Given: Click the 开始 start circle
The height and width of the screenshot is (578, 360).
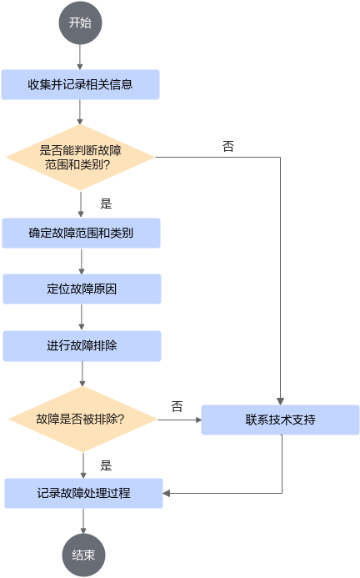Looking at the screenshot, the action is click(80, 23).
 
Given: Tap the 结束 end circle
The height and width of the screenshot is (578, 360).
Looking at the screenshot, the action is click(83, 555).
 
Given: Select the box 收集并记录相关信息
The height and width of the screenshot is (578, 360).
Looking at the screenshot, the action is click(80, 85).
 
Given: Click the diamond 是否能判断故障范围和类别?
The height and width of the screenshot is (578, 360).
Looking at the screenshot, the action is click(80, 158).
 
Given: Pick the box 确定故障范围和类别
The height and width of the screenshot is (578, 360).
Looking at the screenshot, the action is click(81, 233).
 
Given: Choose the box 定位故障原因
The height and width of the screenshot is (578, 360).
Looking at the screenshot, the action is click(82, 289).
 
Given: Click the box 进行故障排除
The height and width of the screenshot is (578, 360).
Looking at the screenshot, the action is click(82, 346).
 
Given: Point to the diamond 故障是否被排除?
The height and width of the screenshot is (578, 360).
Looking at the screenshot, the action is click(82, 420).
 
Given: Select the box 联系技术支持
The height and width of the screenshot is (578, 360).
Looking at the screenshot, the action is click(280, 420).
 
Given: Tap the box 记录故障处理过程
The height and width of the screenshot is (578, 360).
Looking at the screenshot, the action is click(83, 493).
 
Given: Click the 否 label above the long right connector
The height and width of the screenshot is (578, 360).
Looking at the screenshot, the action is click(228, 146).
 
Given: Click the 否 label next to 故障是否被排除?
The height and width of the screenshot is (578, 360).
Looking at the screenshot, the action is click(177, 406).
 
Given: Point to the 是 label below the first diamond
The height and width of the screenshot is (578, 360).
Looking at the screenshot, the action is click(106, 204).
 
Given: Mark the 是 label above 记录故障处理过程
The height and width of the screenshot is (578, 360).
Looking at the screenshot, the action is click(106, 465).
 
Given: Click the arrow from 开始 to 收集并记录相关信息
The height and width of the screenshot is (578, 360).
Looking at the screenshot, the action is click(80, 58).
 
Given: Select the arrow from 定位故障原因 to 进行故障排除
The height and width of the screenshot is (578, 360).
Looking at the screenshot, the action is click(82, 317).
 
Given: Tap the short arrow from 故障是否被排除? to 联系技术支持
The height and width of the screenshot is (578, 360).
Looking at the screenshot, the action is click(179, 420).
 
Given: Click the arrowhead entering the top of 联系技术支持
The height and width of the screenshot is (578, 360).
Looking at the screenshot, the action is click(280, 401).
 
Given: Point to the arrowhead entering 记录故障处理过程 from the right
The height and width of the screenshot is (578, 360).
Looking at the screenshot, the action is click(167, 493).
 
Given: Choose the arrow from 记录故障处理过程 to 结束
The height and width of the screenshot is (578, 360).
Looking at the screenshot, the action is click(83, 520).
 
